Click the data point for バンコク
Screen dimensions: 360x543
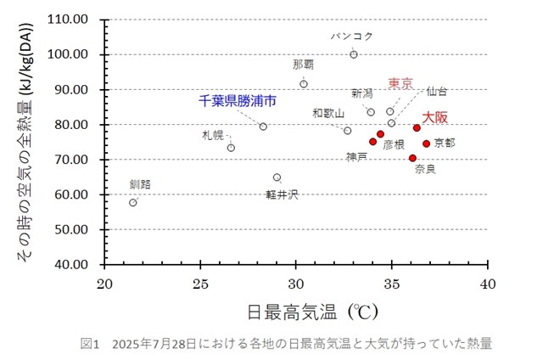tap(354, 54)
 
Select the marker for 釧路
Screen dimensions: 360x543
tap(133, 202)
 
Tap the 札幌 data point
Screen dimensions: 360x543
tap(231, 148)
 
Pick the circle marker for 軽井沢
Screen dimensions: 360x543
tap(277, 177)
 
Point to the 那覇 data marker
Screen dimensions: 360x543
tap(304, 84)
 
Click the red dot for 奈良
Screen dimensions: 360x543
tap(412, 158)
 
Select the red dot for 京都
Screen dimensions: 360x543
tap(426, 143)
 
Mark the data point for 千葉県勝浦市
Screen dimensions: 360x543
tap(263, 127)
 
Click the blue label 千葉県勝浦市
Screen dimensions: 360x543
tap(238, 100)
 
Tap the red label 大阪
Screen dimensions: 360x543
tap(436, 116)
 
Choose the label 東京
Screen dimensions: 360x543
tap(400, 83)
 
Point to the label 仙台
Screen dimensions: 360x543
tap(437, 91)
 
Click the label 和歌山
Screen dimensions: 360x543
tap(328, 113)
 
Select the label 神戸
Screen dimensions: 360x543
tap(356, 156)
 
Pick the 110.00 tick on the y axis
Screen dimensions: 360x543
tap(79, 20)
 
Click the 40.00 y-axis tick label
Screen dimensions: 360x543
tap(81, 264)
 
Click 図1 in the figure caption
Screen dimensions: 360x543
tap(90, 344)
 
